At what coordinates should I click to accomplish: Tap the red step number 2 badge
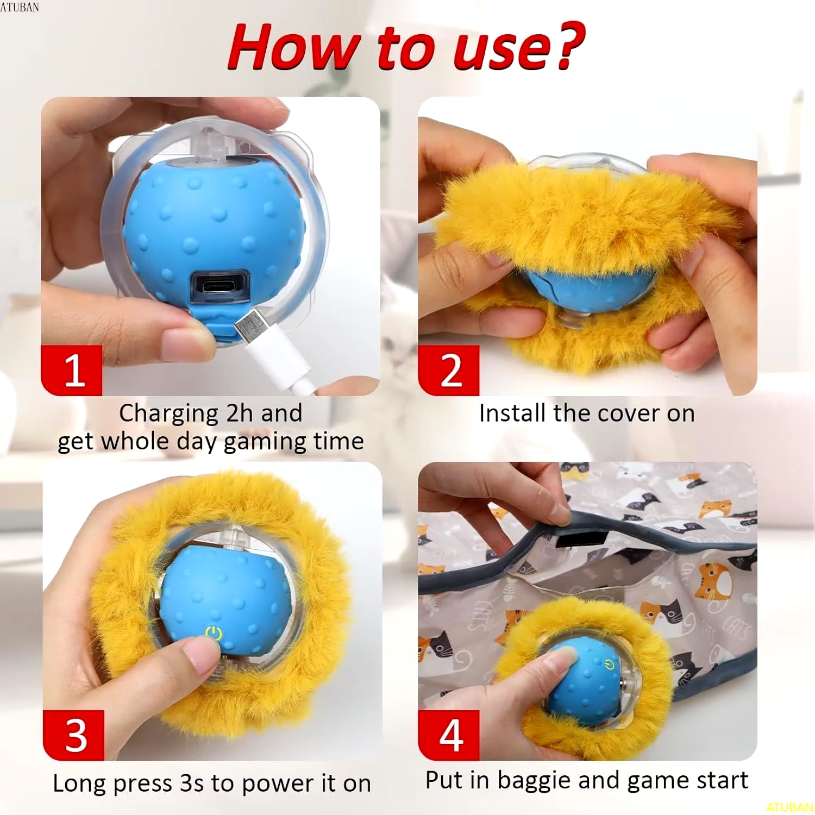coord(449,371)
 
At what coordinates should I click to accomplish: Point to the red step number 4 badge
coord(449,735)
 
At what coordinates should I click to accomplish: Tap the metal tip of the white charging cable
coord(250,327)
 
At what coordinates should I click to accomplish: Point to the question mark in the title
coord(568,46)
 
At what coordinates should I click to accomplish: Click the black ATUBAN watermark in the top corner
coord(20,7)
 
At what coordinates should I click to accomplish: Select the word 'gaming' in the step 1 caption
coord(256,442)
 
